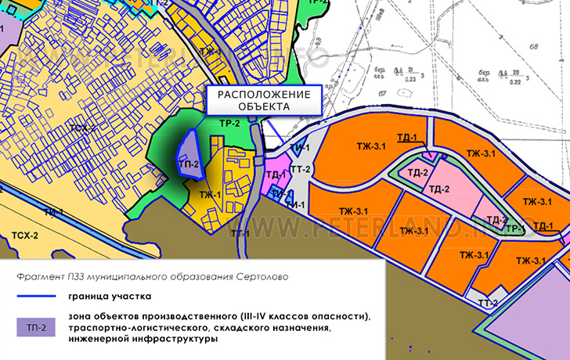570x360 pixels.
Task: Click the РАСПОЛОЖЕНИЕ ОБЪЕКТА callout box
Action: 264,100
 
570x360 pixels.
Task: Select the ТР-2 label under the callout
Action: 229,124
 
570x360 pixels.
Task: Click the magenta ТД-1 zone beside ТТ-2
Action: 274,175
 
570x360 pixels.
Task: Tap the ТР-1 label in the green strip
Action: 514,228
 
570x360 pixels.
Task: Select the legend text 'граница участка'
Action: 110,297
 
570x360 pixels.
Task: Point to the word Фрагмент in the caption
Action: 37,278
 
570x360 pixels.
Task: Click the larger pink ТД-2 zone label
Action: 438,189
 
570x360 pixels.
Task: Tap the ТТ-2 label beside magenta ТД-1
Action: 301,170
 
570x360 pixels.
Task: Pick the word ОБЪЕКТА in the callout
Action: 265,106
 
